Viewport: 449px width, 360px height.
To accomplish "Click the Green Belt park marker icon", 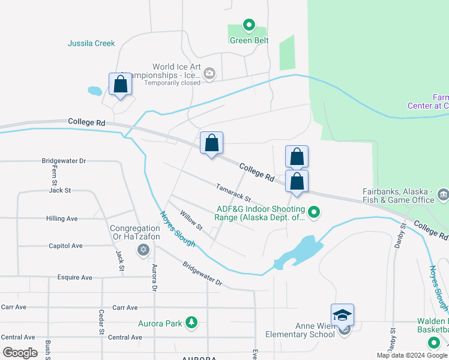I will pyautogui.click(x=249, y=25).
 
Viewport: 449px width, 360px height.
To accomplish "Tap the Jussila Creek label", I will pyautogui.click(x=91, y=43).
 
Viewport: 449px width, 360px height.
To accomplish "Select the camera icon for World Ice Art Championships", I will pyautogui.click(x=209, y=74).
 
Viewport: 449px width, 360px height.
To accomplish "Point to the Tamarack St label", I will pyautogui.click(x=234, y=193).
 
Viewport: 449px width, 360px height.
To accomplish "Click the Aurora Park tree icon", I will pyautogui.click(x=191, y=323).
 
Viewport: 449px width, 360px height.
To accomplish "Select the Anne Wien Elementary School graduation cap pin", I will pyautogui.click(x=342, y=315).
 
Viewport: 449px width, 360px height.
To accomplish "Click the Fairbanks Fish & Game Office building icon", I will pyautogui.click(x=443, y=194).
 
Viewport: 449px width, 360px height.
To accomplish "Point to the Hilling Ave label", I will pyautogui.click(x=62, y=218).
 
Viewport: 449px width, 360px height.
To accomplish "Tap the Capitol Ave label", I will pyautogui.click(x=65, y=246).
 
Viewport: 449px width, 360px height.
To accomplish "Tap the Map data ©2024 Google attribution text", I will pyautogui.click(x=411, y=355).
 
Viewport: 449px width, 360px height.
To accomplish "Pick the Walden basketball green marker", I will pyautogui.click(x=434, y=343).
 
